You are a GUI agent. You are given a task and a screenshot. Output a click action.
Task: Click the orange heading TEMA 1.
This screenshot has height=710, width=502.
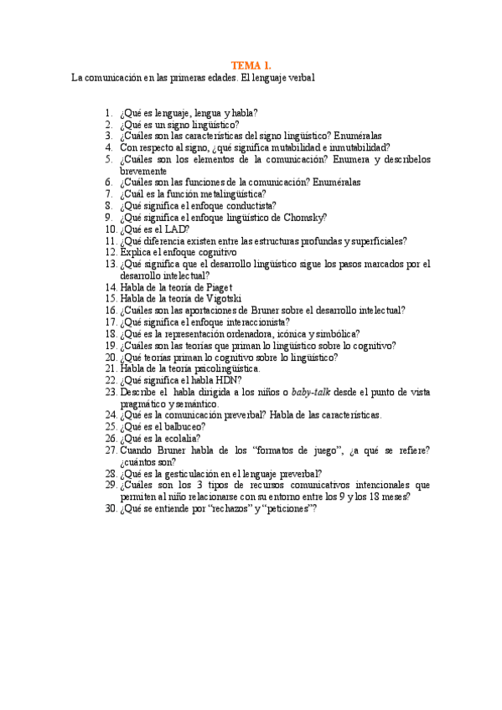[x=251, y=64]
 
